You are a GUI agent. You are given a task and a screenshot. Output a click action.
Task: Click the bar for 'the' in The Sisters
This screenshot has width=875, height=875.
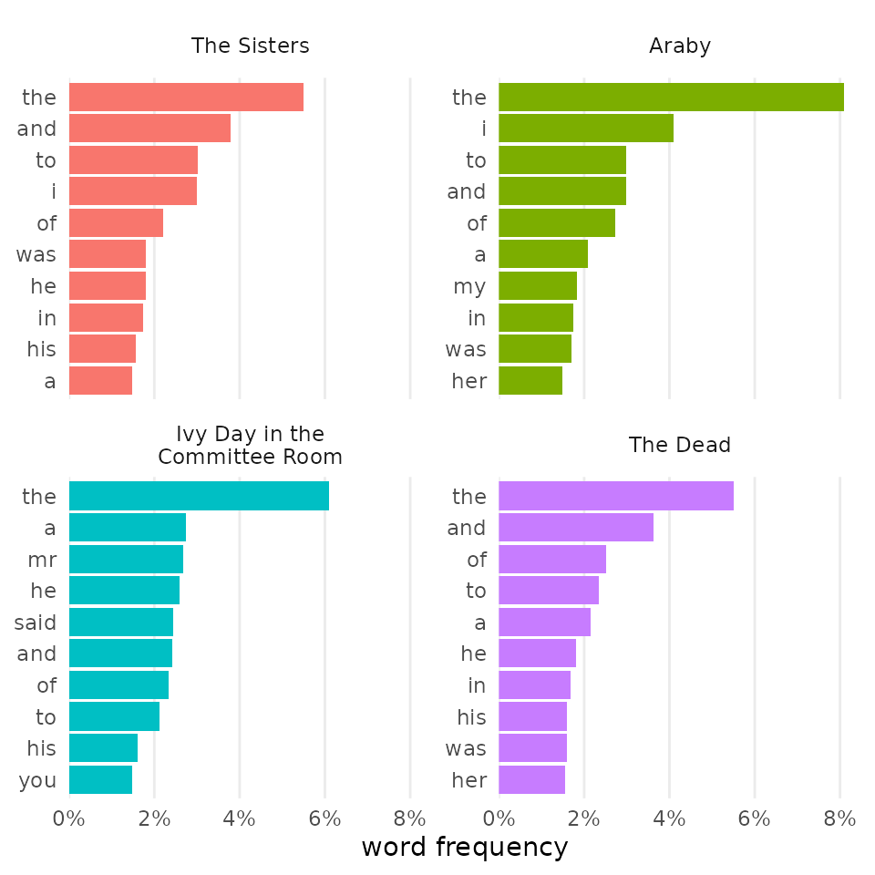coord(186,98)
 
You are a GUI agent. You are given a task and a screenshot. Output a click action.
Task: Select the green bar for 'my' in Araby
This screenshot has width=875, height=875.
coord(538,286)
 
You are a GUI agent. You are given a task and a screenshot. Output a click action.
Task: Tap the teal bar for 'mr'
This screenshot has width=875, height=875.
coord(126,560)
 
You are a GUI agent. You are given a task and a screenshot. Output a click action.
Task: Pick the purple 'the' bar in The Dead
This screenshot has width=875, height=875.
coord(616,497)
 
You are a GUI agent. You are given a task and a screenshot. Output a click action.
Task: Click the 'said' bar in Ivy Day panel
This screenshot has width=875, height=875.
coord(121,623)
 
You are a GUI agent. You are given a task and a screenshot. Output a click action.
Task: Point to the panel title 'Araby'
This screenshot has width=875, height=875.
coord(679,46)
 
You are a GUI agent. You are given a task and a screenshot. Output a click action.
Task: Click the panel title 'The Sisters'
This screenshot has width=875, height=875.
coord(250,46)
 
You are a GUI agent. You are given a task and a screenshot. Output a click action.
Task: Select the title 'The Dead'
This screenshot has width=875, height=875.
coord(679,446)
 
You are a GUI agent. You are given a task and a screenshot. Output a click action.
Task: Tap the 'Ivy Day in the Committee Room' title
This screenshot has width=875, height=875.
coord(250,445)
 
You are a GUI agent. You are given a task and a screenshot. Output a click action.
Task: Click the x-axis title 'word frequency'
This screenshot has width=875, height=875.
coord(464,848)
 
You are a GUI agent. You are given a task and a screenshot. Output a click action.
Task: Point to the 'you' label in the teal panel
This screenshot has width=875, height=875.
coord(37,780)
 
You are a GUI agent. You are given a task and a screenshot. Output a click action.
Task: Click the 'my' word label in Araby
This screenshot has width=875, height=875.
coord(469,286)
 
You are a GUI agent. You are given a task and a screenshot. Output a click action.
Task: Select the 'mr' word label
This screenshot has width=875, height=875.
coord(42,560)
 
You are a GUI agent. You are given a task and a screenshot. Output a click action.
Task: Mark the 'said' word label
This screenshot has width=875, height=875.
coord(36,623)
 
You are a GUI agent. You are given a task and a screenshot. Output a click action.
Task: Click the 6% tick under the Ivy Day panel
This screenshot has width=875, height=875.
coord(324,818)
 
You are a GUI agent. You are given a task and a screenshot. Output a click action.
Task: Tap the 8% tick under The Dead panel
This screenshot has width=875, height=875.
coord(839,818)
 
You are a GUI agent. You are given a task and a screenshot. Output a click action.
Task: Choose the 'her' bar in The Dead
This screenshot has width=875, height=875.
coord(531,780)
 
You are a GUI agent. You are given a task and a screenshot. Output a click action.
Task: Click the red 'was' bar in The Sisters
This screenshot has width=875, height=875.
coord(108,254)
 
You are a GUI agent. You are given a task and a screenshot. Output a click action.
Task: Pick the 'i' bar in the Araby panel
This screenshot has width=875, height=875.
coord(586,129)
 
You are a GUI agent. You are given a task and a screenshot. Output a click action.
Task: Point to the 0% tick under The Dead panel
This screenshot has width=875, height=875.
coord(499,818)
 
